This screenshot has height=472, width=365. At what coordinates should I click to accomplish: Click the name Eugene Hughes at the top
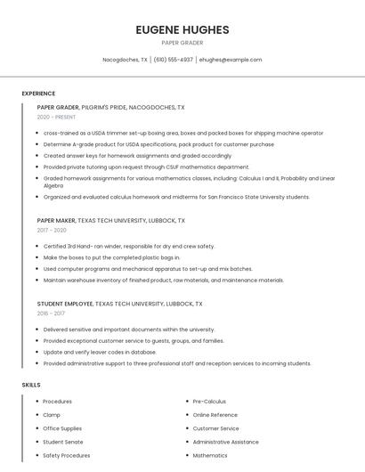(182, 29)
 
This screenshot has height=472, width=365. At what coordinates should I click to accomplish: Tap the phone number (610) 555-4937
(173, 60)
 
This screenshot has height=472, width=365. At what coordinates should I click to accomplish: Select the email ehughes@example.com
(231, 60)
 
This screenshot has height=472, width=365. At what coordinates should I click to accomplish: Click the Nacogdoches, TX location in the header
(125, 60)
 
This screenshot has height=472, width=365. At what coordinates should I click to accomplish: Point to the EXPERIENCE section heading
(38, 94)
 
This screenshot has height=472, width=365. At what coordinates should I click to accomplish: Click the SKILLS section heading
(31, 385)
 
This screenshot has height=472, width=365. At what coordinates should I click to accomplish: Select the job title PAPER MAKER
(55, 220)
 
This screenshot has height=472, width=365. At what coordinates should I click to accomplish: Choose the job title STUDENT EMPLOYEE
(64, 303)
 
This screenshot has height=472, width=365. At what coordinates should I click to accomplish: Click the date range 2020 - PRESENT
(56, 117)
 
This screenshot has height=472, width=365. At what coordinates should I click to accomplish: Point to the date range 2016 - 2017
(50, 313)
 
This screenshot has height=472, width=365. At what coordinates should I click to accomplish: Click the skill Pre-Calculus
(209, 402)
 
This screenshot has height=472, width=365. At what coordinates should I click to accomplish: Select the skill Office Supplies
(62, 428)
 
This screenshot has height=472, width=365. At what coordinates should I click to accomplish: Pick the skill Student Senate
(63, 442)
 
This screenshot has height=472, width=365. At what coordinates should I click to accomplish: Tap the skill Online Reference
(215, 415)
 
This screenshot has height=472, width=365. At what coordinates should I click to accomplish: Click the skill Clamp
(52, 415)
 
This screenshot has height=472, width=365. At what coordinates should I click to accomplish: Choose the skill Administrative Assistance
(225, 442)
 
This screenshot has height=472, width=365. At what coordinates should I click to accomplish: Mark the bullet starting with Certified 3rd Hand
(129, 246)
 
